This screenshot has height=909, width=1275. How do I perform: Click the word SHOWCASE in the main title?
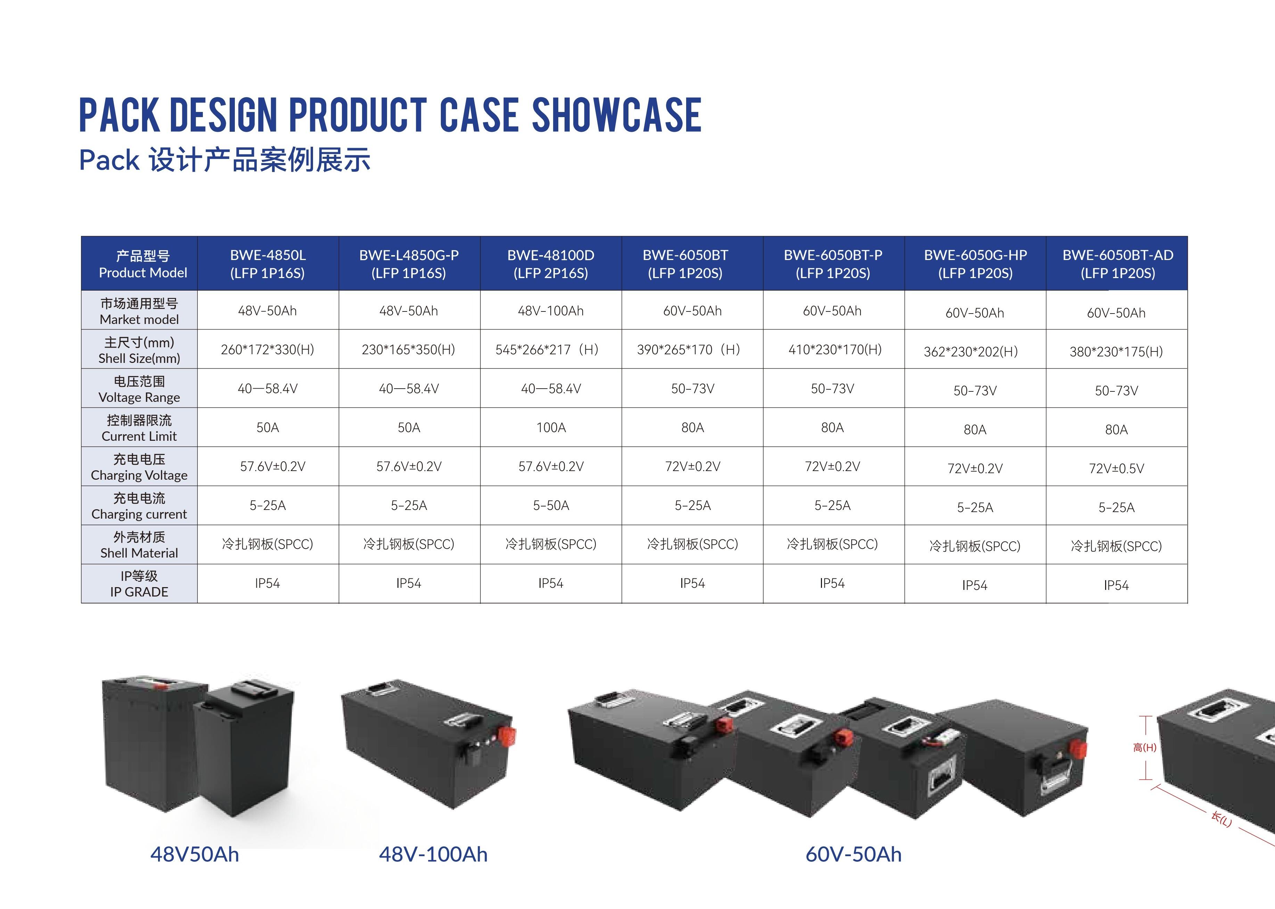click(616, 115)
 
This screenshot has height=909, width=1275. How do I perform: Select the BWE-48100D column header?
click(551, 263)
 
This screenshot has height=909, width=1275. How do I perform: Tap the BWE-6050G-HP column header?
click(975, 263)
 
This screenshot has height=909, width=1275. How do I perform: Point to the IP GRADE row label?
click(139, 584)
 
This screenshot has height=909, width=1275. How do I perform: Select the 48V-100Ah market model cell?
click(551, 311)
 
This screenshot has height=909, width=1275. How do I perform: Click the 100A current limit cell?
click(551, 428)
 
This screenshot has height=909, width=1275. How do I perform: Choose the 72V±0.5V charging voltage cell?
click(1116, 469)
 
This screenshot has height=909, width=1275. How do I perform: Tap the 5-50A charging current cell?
click(551, 505)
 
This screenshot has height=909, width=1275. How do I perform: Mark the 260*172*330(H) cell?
click(268, 350)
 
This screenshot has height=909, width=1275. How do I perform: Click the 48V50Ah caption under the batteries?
click(195, 854)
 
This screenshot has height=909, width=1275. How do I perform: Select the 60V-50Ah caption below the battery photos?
click(854, 854)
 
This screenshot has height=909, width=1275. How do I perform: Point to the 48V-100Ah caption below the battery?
click(433, 854)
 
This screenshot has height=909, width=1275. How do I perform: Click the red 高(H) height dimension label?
click(1145, 747)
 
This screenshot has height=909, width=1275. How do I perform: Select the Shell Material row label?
click(139, 545)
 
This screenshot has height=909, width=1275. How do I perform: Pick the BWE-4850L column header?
click(268, 263)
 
